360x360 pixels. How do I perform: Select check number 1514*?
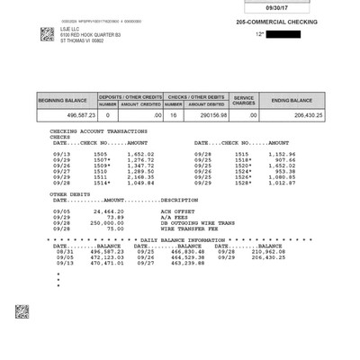click(x=100, y=182)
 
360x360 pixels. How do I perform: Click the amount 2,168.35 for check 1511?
click(x=138, y=176)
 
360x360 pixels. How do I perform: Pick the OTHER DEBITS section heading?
click(x=70, y=193)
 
